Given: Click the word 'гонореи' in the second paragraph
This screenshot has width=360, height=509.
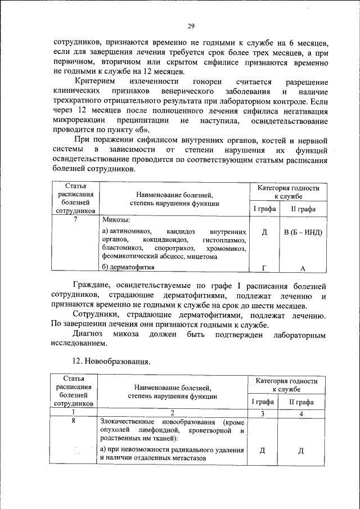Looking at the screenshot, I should tap(200, 82).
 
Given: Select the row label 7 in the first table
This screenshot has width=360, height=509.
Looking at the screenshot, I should tap(75, 219).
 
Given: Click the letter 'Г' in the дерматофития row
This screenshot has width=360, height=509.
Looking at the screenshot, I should tap(263, 267).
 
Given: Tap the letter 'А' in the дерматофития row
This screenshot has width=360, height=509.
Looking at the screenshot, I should tap(303, 268).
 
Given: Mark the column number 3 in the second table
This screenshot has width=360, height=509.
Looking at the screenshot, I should tap(262, 413).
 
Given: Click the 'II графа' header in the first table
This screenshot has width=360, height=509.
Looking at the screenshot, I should tap(303, 209).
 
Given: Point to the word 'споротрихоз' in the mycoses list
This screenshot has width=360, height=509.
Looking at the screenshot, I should tap(175, 247).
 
